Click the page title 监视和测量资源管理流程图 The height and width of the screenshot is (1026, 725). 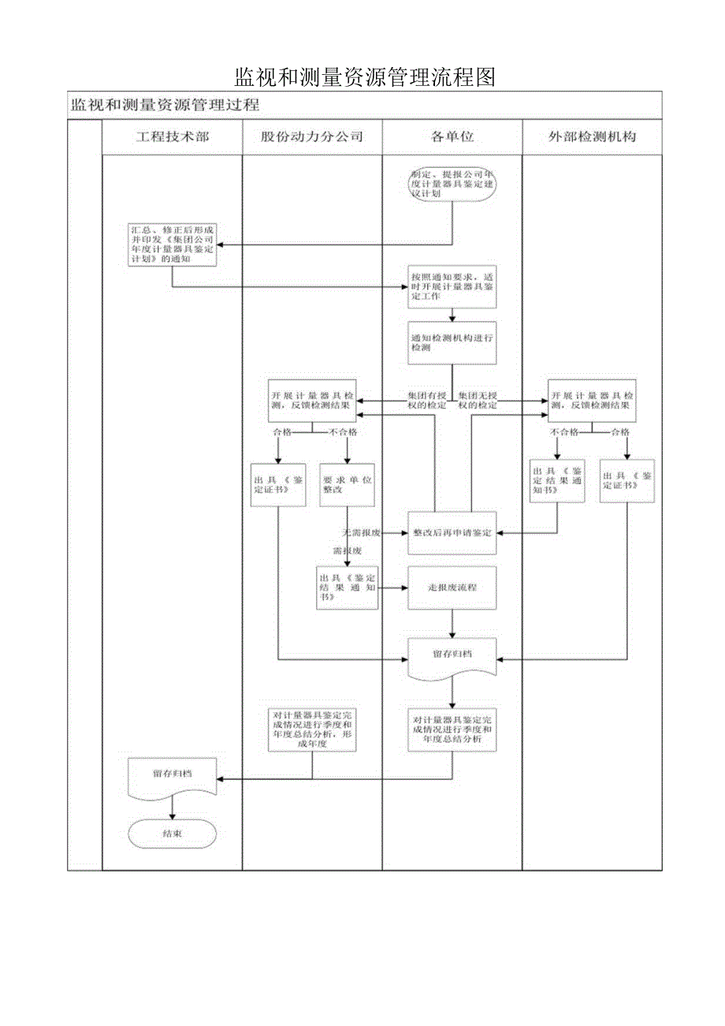click(364, 77)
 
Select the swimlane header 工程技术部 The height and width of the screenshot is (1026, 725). click(173, 136)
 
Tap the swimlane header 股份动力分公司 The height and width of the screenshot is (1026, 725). click(312, 136)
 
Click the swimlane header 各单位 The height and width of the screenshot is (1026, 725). click(452, 136)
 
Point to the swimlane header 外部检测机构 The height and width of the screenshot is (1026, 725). click(592, 136)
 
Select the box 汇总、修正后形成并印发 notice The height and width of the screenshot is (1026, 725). click(173, 244)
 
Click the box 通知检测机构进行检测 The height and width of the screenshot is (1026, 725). click(452, 342)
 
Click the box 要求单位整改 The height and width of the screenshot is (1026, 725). click(348, 484)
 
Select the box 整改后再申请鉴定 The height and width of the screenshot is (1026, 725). click(452, 532)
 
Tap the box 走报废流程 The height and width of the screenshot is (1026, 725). click(452, 588)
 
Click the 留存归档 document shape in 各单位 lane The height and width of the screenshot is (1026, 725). click(452, 656)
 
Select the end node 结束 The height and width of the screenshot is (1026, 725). click(173, 833)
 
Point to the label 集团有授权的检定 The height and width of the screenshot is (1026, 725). click(426, 400)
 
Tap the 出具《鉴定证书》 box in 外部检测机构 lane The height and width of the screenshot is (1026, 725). click(628, 480)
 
